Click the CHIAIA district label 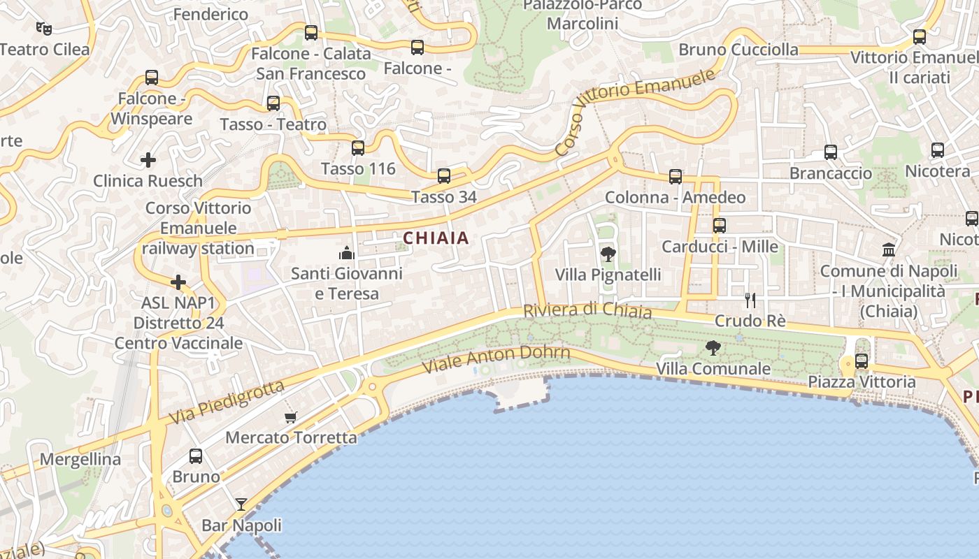pyautogui.click(x=436, y=238)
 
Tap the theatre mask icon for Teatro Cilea pyautogui.click(x=44, y=29)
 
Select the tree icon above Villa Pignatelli pyautogui.click(x=608, y=254)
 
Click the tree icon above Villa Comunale pyautogui.click(x=713, y=347)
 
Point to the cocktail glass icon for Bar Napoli pyautogui.click(x=241, y=504)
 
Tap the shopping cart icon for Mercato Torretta pyautogui.click(x=291, y=418)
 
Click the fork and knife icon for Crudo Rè pyautogui.click(x=750, y=300)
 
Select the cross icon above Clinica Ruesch pyautogui.click(x=148, y=160)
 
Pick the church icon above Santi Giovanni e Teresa pyautogui.click(x=347, y=252)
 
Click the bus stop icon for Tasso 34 pyautogui.click(x=443, y=176)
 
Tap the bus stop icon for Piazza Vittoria pyautogui.click(x=862, y=361)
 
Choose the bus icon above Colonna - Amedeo pyautogui.click(x=675, y=176)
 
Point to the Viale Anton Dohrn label pyautogui.click(x=496, y=361)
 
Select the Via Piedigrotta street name pyautogui.click(x=227, y=402)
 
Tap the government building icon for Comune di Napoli pyautogui.click(x=888, y=249)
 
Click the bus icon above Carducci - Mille pyautogui.click(x=719, y=226)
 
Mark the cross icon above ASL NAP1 pyautogui.click(x=178, y=282)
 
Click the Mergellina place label pyautogui.click(x=80, y=459)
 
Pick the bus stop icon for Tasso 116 pyautogui.click(x=358, y=147)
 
